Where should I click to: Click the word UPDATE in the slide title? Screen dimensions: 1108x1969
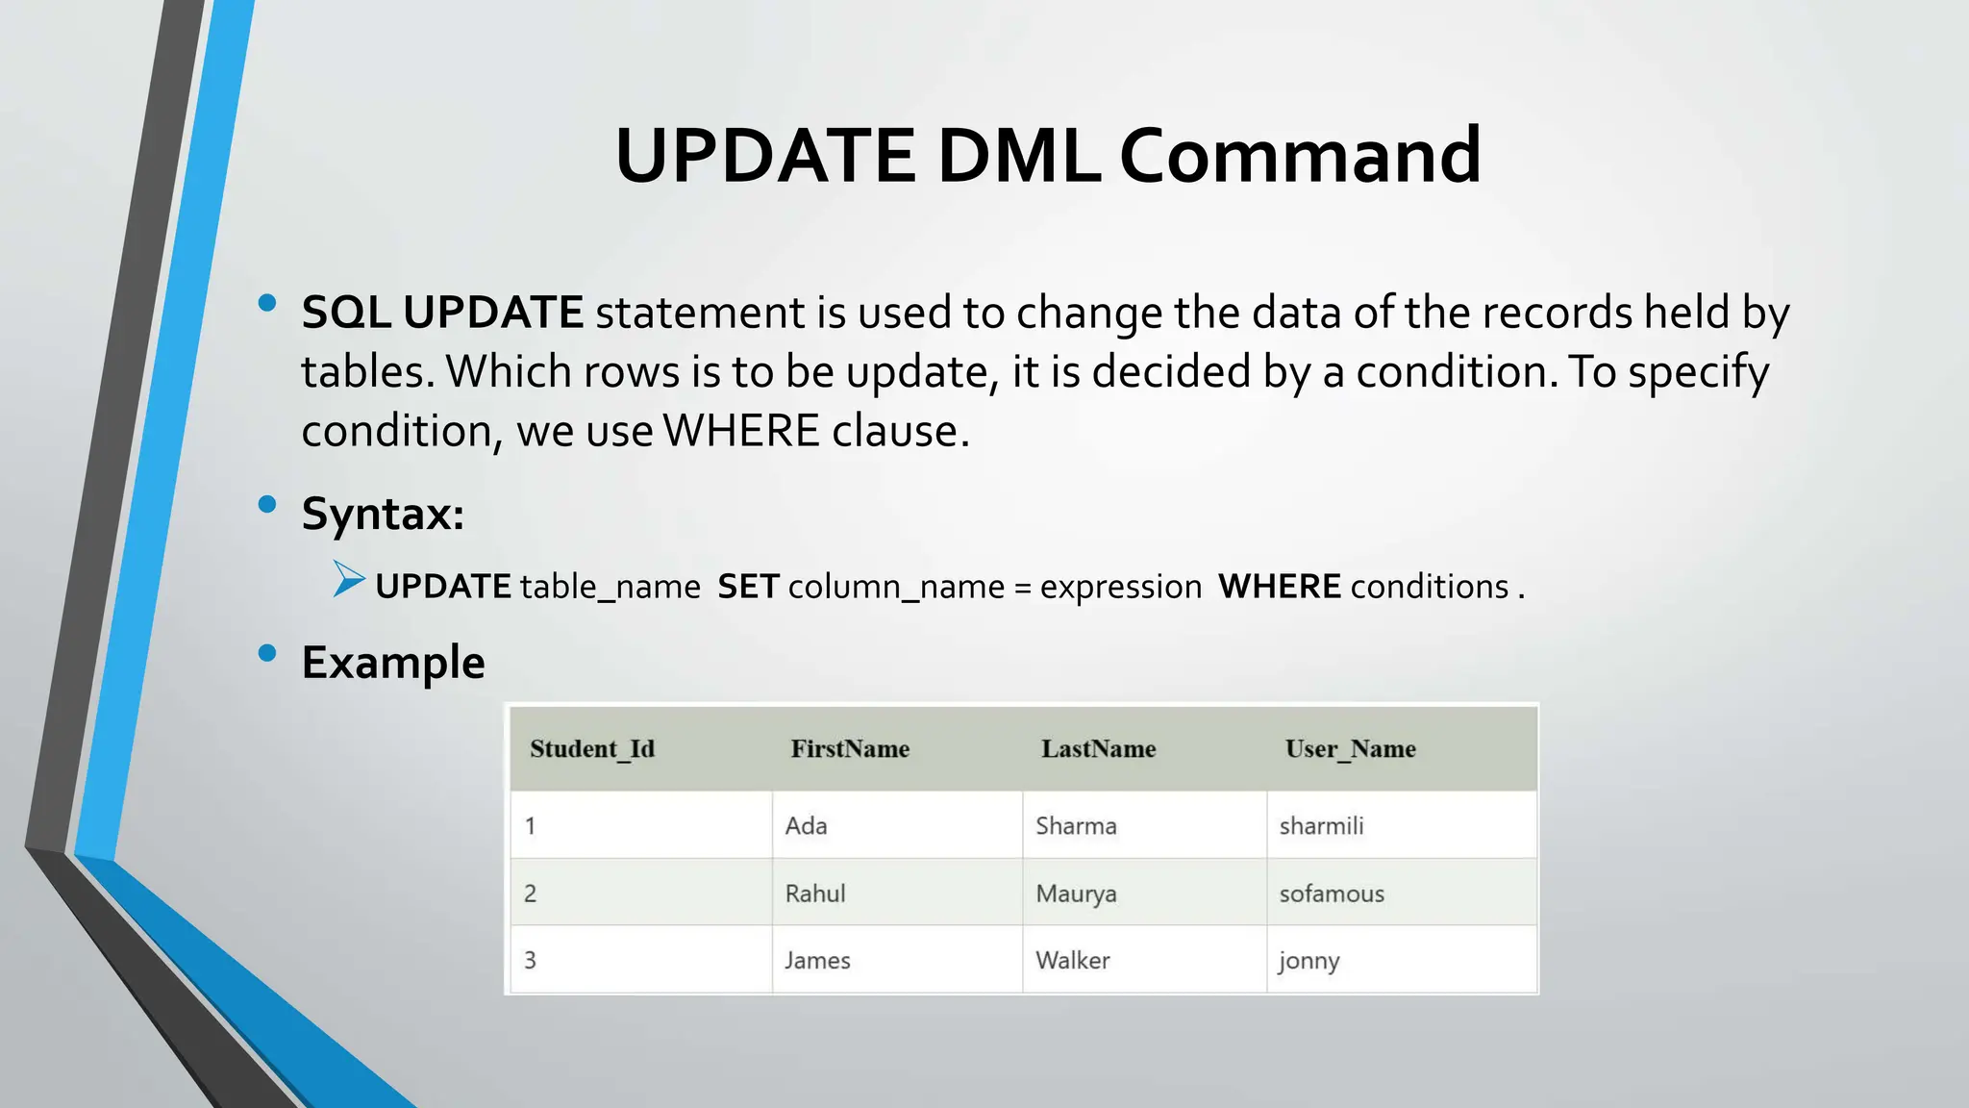(x=765, y=156)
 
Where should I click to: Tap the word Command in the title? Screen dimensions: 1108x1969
(x=1300, y=156)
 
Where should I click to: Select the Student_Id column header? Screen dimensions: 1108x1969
(x=592, y=749)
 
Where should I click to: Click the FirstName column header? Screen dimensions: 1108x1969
(x=850, y=749)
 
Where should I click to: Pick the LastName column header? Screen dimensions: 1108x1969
(x=1098, y=749)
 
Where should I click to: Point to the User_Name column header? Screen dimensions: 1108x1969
(x=1350, y=749)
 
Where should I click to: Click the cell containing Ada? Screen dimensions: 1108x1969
(x=806, y=826)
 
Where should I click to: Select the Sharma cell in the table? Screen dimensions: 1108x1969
(x=1076, y=826)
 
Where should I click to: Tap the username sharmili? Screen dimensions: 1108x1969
(x=1321, y=826)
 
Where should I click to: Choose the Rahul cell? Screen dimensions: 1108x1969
(x=815, y=894)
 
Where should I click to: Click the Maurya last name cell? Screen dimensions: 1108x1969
(x=1076, y=894)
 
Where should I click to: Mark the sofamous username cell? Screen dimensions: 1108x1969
(x=1332, y=894)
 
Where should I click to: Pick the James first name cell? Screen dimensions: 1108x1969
(x=817, y=960)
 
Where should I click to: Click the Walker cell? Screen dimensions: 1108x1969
(x=1072, y=960)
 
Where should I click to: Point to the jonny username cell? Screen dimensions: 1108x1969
(x=1309, y=960)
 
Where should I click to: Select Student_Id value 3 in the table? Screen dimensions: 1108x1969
(x=530, y=960)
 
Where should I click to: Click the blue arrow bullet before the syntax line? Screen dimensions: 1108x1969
(x=349, y=580)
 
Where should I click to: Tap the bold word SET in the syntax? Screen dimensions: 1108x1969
(x=748, y=587)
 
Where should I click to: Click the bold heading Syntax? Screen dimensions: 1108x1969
(x=383, y=513)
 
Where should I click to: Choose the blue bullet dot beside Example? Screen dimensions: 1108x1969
(x=267, y=654)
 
